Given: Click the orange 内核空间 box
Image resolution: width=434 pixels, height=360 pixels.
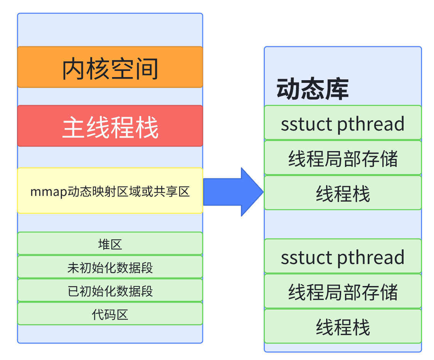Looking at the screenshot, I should [x=110, y=67].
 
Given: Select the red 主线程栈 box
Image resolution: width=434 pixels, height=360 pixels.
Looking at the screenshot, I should [x=110, y=126].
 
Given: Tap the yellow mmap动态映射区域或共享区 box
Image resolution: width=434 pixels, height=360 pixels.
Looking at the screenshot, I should [x=110, y=190].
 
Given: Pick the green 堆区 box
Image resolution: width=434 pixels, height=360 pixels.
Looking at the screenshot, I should [x=110, y=244].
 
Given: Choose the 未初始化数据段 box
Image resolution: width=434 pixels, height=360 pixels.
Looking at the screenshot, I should [x=110, y=267].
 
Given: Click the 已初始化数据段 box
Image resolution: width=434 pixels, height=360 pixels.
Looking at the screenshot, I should [x=110, y=290].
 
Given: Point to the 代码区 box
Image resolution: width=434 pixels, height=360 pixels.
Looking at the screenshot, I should [x=110, y=314].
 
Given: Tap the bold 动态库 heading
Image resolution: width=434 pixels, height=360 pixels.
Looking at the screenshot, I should [x=312, y=89].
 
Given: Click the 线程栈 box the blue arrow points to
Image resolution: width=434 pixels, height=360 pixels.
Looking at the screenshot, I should [x=343, y=193].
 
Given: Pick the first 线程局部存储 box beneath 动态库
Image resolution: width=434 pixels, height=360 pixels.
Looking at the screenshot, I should [x=343, y=158].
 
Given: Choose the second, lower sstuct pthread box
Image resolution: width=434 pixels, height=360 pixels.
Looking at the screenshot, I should [x=343, y=256].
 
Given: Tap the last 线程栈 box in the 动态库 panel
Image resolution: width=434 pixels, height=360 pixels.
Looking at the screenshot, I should [x=343, y=326].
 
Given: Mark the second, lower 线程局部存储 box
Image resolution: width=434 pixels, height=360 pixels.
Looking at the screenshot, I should [x=343, y=291].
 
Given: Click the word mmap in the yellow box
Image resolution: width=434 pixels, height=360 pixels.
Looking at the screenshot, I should [x=43, y=192].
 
